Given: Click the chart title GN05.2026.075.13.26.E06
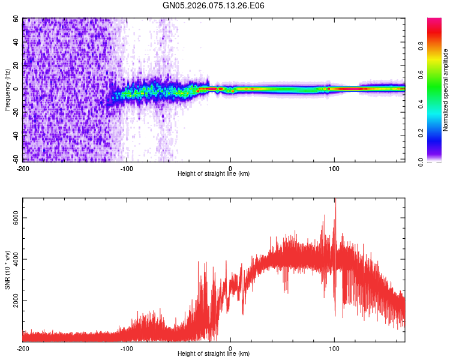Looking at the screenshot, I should tap(214, 6).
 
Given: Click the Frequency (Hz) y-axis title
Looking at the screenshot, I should tap(7, 90).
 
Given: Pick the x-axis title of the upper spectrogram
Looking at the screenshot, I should tap(214, 174).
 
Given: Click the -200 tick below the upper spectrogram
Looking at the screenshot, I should tap(23, 167).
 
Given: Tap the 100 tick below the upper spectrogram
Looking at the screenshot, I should tap(334, 167).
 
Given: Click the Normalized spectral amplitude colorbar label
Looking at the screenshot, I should tap(445, 90).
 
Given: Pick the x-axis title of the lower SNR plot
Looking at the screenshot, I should tap(214, 354).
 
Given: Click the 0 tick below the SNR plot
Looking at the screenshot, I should tap(231, 348).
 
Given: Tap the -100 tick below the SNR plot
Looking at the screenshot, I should tap(127, 348).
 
